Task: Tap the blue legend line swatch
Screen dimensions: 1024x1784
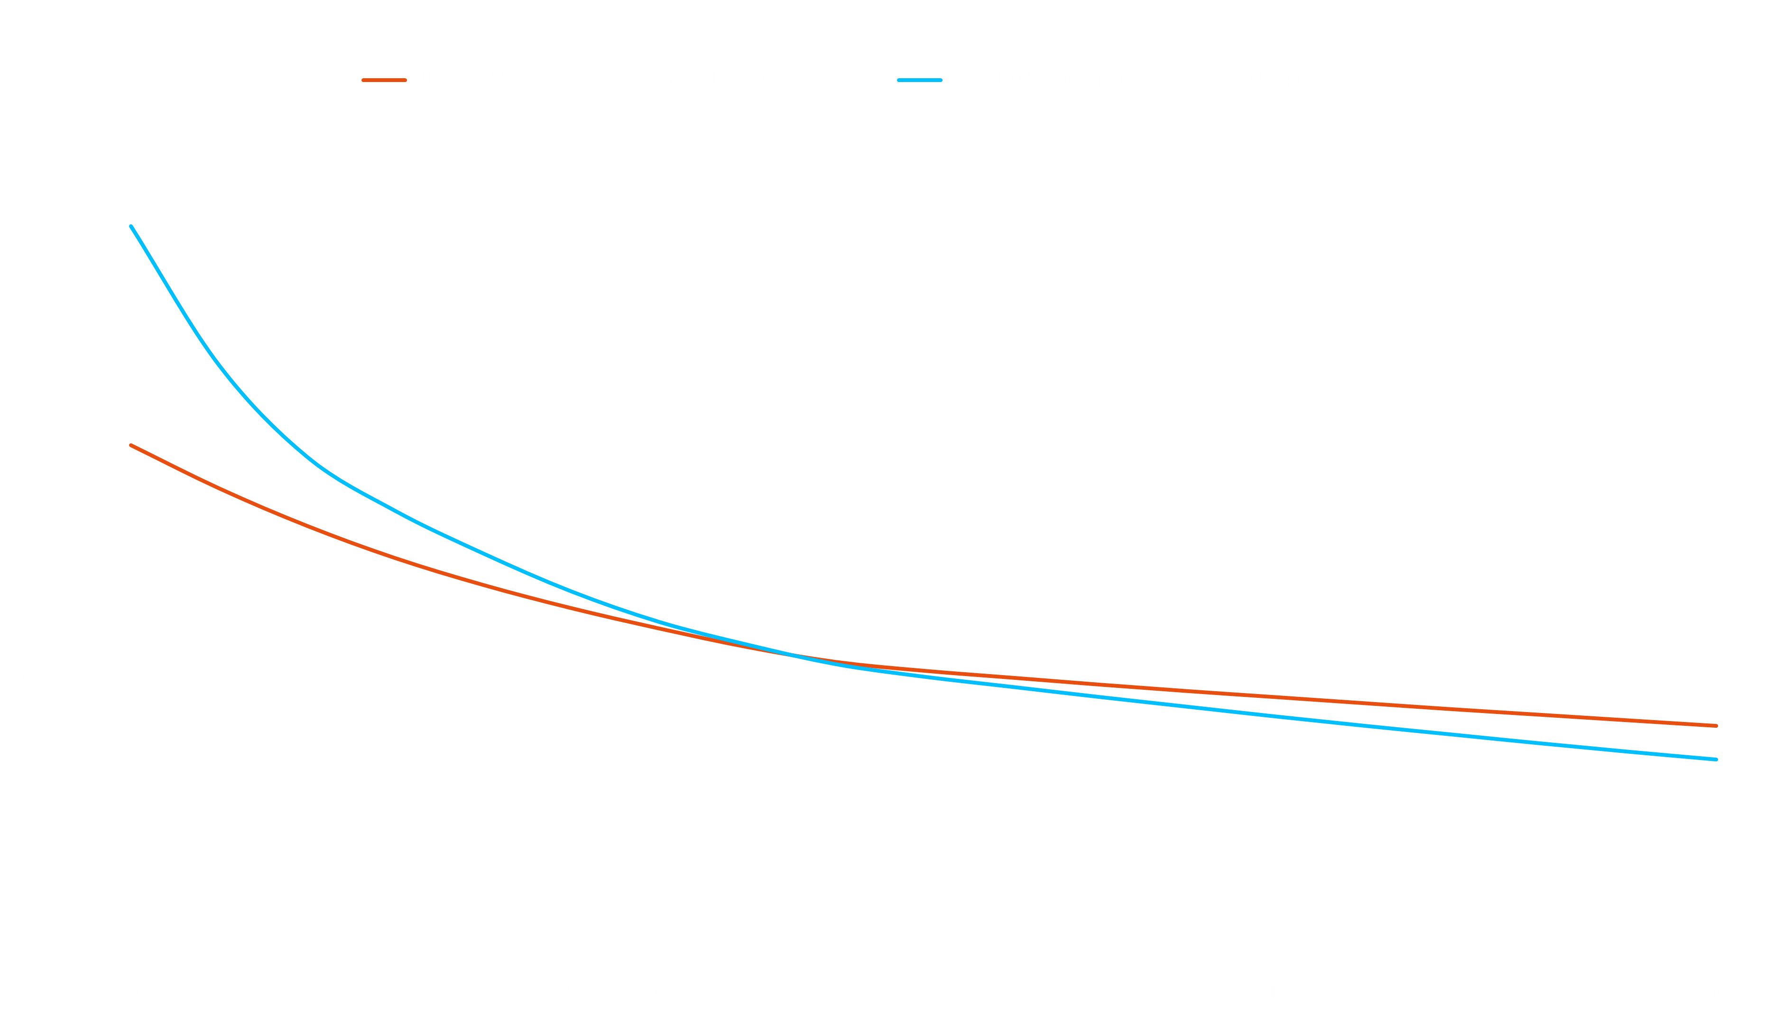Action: [919, 80]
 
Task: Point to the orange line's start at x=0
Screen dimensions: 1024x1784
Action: [131, 445]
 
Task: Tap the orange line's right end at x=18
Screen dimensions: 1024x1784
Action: [1717, 726]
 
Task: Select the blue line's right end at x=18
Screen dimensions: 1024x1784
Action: [1717, 759]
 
